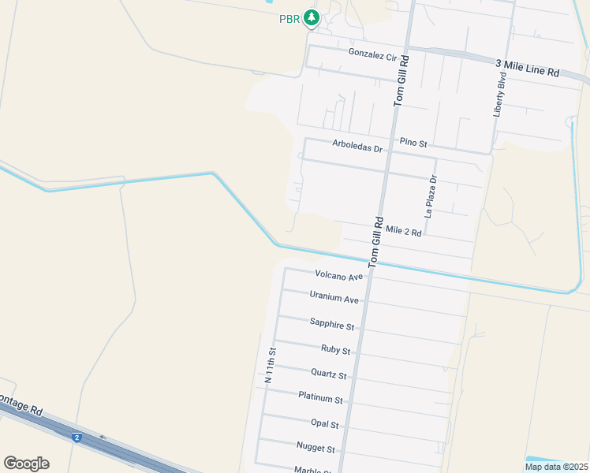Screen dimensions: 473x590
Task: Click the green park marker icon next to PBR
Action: click(312, 17)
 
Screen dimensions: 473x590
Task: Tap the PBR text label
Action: click(289, 19)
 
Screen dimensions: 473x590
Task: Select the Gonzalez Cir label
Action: click(372, 55)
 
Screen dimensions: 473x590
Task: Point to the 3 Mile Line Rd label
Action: click(528, 68)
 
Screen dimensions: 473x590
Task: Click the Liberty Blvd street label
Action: click(499, 95)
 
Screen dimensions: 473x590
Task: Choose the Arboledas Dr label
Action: click(357, 146)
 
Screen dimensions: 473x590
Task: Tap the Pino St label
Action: click(413, 143)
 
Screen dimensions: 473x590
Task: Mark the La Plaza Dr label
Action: click(431, 196)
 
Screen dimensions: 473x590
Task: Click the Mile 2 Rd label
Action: click(404, 231)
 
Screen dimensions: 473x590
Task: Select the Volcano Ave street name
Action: click(338, 275)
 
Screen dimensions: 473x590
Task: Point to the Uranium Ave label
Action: click(334, 300)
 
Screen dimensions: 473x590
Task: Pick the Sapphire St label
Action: click(332, 324)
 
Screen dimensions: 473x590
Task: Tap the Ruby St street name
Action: click(335, 349)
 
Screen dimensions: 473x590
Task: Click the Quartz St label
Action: click(329, 374)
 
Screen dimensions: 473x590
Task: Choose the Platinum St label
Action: click(321, 399)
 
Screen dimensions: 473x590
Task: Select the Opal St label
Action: click(324, 424)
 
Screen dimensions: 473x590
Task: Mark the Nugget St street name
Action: click(316, 449)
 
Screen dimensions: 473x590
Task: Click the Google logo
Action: click(26, 464)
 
